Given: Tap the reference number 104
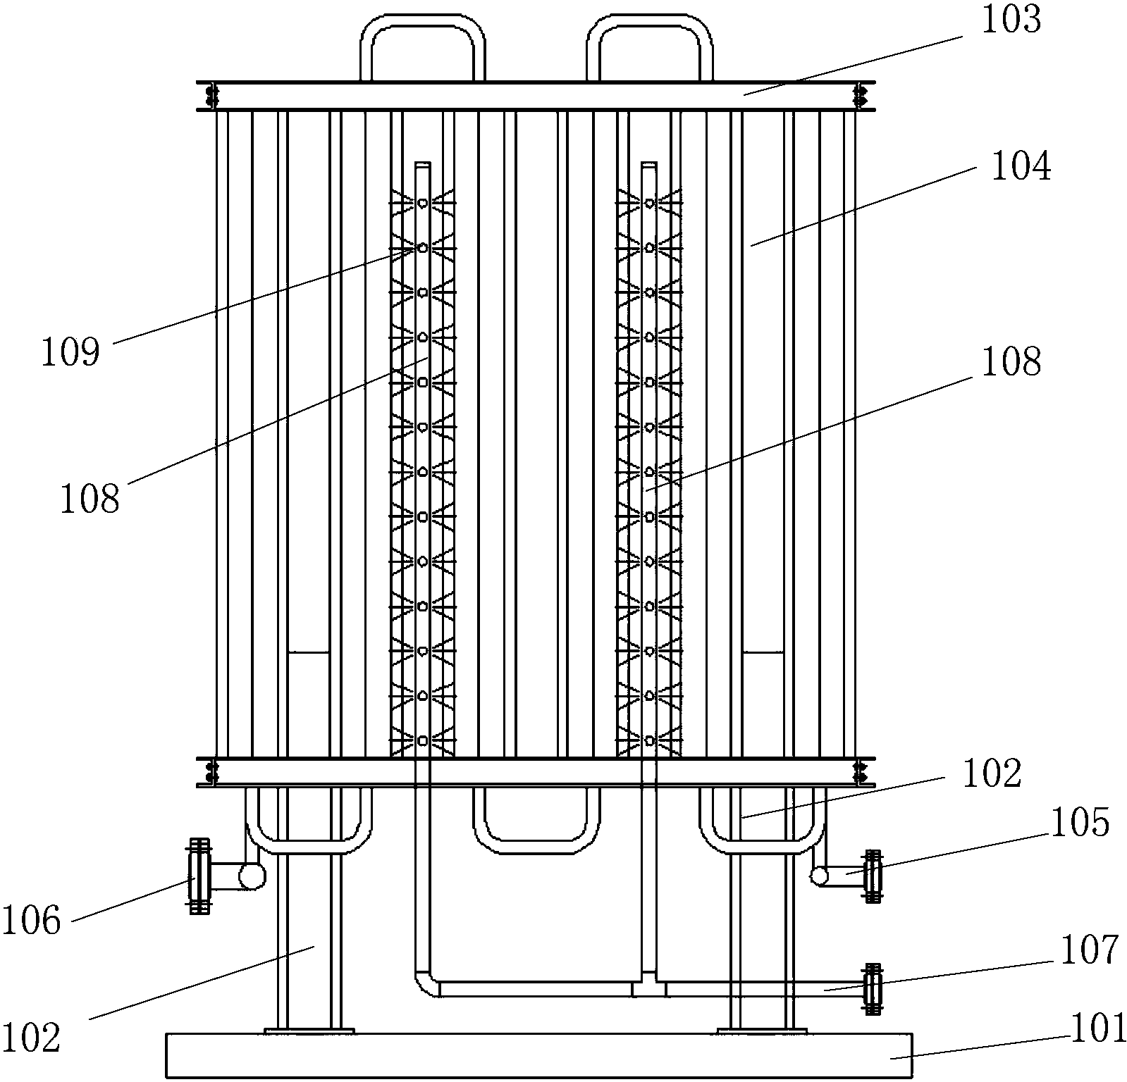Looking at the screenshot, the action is [x=1021, y=168].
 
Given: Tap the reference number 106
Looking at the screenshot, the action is [x=31, y=921].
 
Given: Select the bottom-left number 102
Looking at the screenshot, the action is [x=30, y=1038].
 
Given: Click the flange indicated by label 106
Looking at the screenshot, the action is [x=199, y=876].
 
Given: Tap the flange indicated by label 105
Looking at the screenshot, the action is [x=873, y=876].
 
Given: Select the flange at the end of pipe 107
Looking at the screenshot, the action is [x=873, y=989].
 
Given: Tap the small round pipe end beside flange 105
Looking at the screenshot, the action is [x=819, y=876].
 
